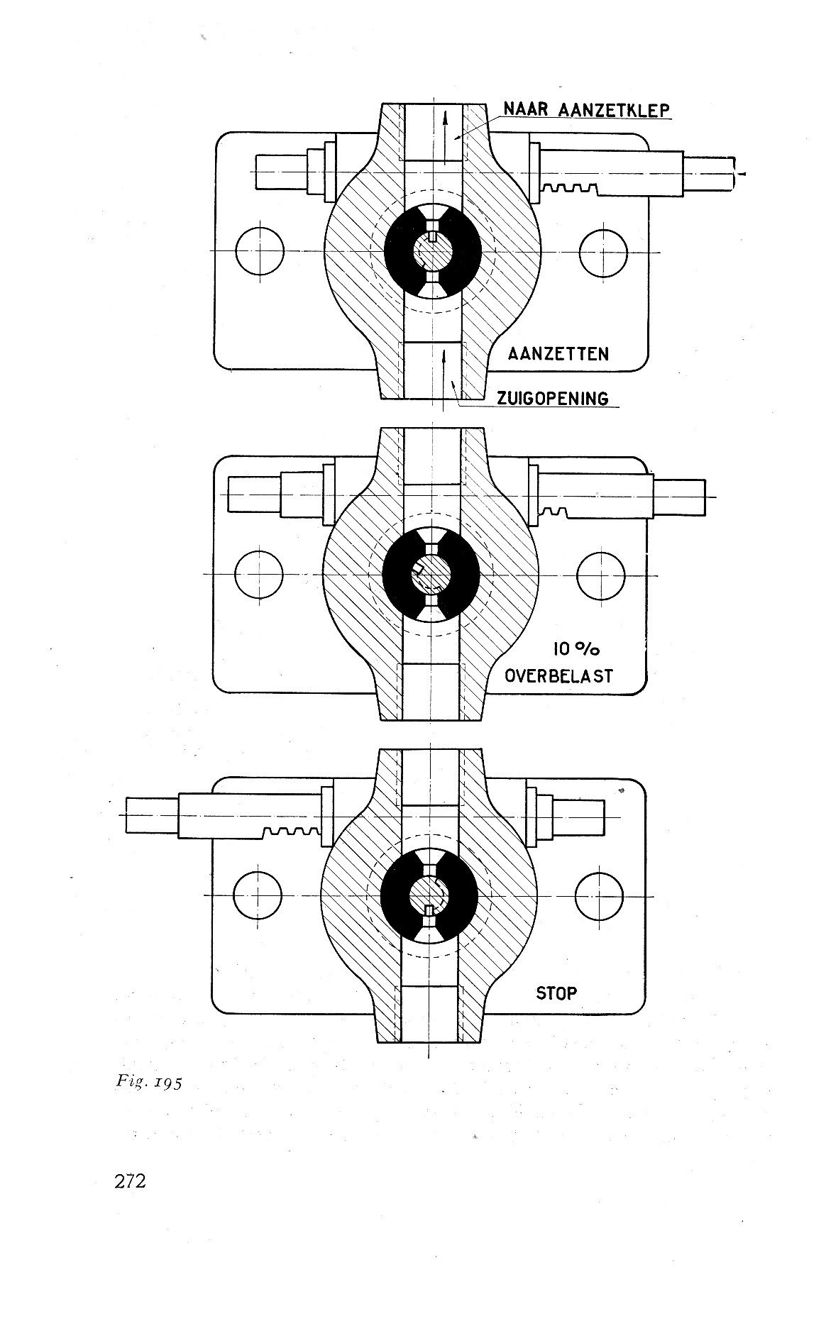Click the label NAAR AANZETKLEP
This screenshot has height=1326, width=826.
[x=586, y=110]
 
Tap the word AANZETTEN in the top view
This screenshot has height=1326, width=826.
[x=558, y=353]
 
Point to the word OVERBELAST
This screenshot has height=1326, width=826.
[x=558, y=675]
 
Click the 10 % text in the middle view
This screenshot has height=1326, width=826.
[x=576, y=648]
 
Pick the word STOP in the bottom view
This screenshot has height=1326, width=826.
[x=556, y=993]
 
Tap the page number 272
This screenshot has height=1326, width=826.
[x=129, y=1181]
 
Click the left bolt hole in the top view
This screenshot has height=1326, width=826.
[x=260, y=252]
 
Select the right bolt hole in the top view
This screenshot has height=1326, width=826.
[x=604, y=253]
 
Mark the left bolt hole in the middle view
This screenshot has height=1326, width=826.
[x=258, y=574]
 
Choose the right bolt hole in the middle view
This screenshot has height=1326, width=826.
[x=601, y=574]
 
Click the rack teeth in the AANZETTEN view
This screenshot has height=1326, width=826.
[x=570, y=188]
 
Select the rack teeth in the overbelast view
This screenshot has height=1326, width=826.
[x=557, y=512]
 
